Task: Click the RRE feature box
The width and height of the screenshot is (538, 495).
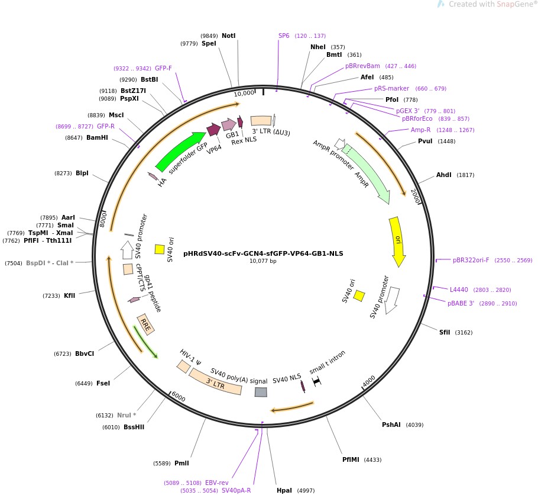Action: [x=145, y=325]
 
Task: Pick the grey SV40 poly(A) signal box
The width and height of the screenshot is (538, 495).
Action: [x=261, y=392]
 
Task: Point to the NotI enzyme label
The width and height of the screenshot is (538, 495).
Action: [x=229, y=36]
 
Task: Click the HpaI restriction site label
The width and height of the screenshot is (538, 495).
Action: [x=284, y=490]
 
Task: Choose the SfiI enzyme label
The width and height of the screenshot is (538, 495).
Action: [x=445, y=332]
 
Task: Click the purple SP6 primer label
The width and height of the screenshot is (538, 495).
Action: [x=284, y=36]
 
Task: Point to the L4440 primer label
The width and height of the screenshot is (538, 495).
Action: [x=459, y=290]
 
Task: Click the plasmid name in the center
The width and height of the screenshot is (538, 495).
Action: [x=263, y=253]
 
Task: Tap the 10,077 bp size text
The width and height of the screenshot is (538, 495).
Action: [x=263, y=261]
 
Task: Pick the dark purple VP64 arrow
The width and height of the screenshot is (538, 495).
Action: [x=214, y=130]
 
